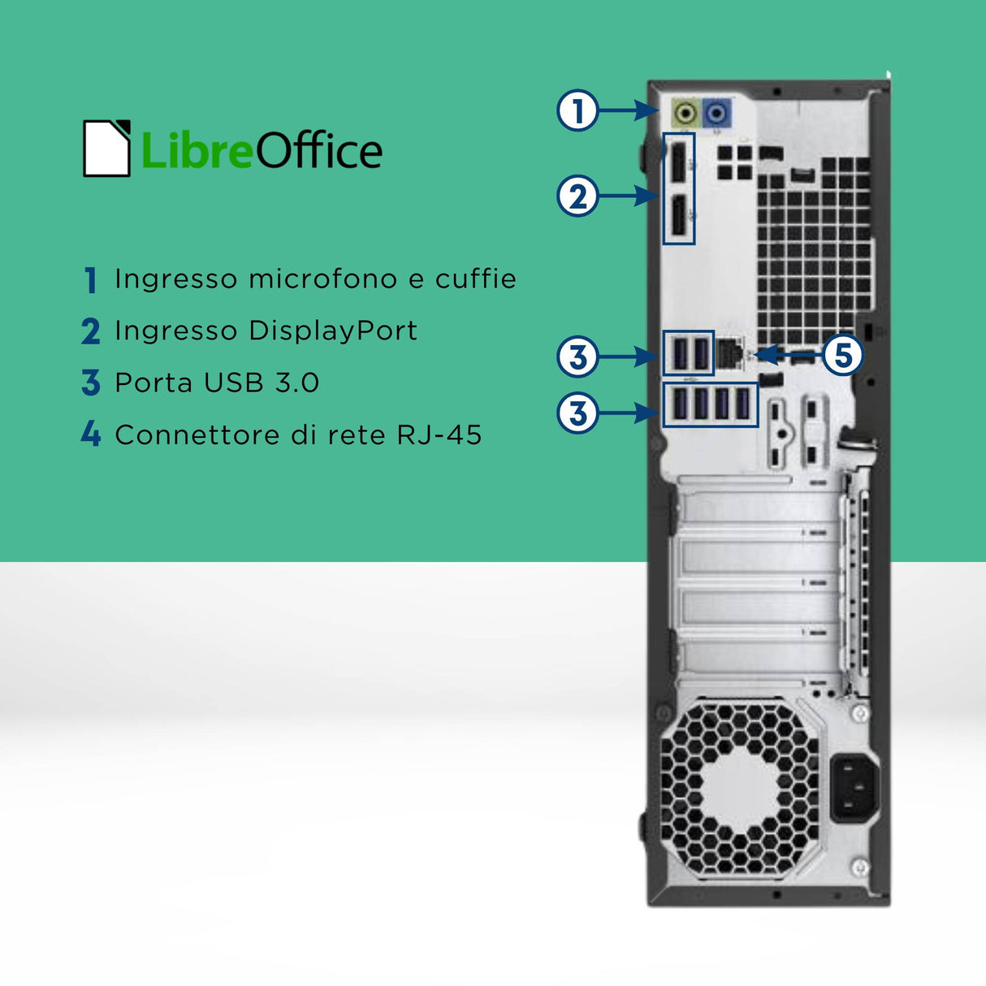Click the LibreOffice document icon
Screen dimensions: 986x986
pos(106,149)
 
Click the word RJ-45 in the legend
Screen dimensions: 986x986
pos(439,435)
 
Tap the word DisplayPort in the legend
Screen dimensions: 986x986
pos(333,331)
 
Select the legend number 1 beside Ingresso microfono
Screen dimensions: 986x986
pos(91,280)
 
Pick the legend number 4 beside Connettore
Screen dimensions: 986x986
pos(91,434)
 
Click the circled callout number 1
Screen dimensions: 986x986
pos(577,110)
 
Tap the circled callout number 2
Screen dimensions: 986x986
pos(577,196)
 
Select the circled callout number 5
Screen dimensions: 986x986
pos(843,355)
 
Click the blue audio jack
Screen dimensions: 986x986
pos(716,111)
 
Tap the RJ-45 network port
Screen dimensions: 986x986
pos(729,353)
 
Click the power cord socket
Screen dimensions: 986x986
pos(854,787)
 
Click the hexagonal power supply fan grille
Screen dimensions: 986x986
pos(740,788)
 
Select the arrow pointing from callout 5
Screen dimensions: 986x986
pos(788,355)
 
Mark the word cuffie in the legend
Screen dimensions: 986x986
pos(476,279)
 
